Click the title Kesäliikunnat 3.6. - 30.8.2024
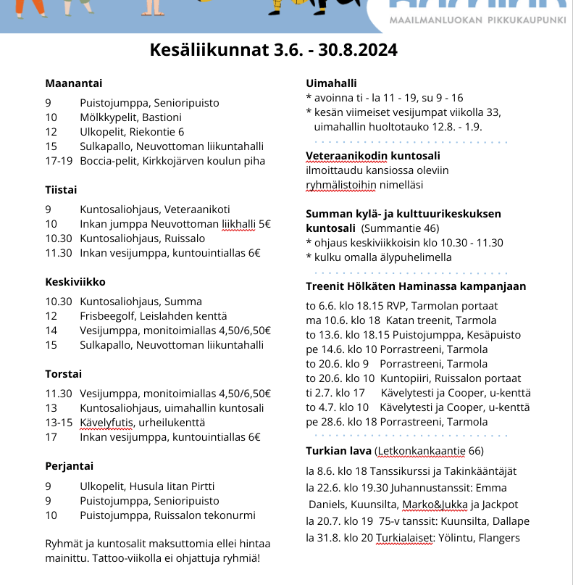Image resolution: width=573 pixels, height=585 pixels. (x=273, y=50)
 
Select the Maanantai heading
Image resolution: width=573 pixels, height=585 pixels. (x=74, y=83)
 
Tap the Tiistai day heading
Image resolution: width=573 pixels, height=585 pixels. (x=61, y=190)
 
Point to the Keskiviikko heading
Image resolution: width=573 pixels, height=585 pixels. (x=75, y=281)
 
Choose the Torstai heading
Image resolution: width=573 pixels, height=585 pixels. (x=64, y=374)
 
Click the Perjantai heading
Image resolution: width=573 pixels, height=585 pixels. (x=69, y=466)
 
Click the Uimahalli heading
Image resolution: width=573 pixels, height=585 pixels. (x=331, y=83)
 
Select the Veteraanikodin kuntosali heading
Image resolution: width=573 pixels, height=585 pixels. (x=373, y=155)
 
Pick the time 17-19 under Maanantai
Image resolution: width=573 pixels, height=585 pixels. (x=59, y=161)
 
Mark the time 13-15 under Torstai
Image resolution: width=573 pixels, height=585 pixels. (x=59, y=423)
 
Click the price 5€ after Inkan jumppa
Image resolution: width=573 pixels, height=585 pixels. (x=264, y=224)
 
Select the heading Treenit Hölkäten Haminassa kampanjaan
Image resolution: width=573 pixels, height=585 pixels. (x=416, y=286)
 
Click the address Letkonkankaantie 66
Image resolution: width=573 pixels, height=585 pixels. (x=430, y=452)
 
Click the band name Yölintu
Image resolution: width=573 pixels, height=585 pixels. (x=454, y=538)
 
